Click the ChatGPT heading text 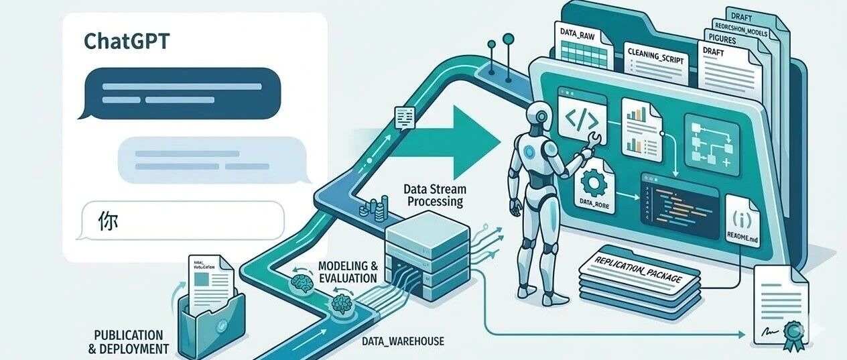(127, 42)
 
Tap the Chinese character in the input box (107, 221)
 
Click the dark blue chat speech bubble (178, 93)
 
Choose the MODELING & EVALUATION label (347, 271)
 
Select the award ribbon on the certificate (794, 333)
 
